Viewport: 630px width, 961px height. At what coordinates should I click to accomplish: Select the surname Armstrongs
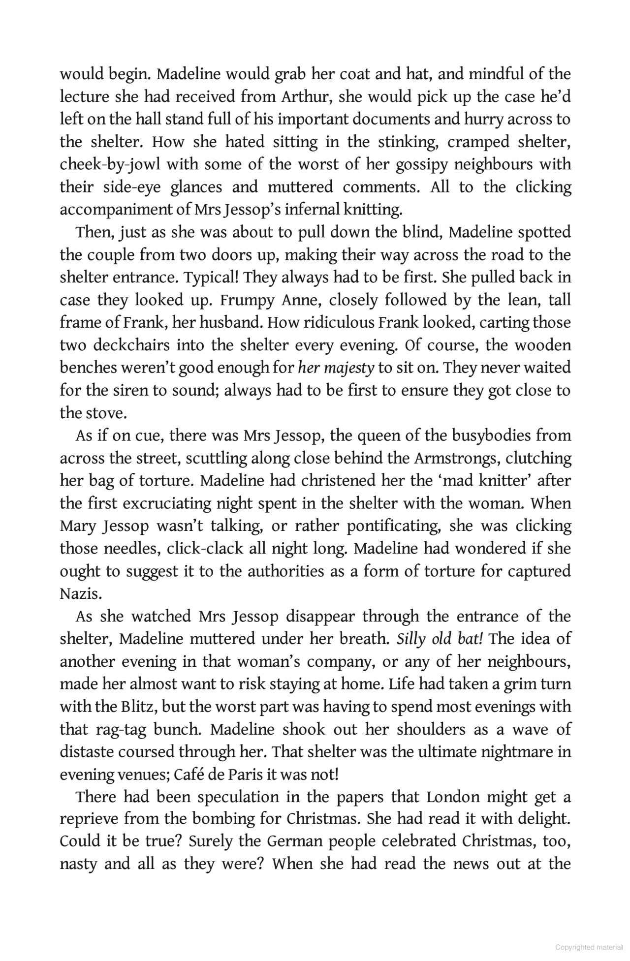(456, 459)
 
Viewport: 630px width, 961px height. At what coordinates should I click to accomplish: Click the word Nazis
(81, 594)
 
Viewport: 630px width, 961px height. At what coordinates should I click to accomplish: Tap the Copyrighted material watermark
(589, 947)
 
